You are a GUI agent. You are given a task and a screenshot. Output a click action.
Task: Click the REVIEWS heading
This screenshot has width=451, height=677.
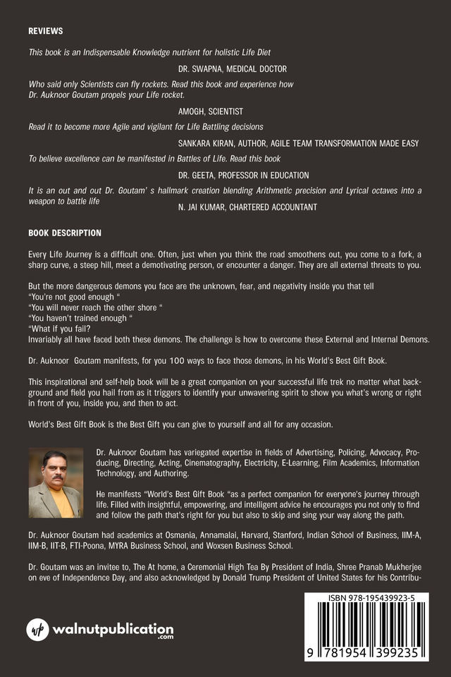46,32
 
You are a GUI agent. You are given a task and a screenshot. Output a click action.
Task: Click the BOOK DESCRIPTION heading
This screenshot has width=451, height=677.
65,233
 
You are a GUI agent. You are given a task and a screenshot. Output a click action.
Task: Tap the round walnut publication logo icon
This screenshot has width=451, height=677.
37,629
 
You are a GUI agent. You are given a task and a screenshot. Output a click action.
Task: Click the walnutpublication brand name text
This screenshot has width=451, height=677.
112,628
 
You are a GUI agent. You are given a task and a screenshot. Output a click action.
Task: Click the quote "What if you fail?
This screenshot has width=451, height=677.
61,328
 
